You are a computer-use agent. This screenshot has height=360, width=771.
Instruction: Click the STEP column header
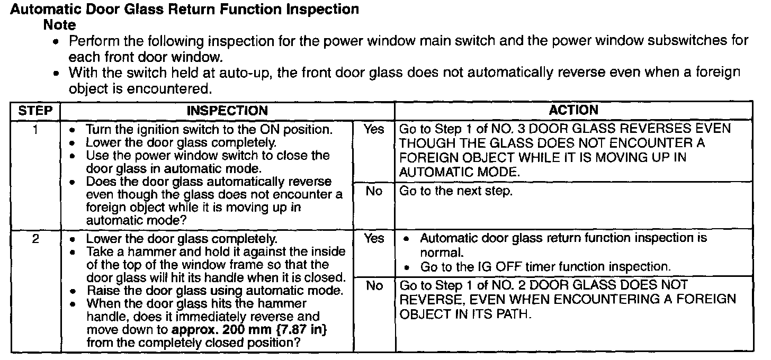pos(35,111)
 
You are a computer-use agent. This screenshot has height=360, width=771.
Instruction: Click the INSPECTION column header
pos(227,111)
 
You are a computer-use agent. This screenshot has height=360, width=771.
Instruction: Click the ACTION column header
pos(573,110)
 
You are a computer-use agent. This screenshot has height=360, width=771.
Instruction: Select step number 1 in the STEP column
pos(35,129)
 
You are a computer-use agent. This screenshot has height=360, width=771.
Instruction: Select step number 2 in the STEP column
pos(35,239)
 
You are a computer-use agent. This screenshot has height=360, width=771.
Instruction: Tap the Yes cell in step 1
pos(374,129)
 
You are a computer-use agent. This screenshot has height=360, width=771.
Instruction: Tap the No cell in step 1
pos(374,191)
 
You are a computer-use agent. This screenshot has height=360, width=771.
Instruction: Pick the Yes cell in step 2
pos(374,239)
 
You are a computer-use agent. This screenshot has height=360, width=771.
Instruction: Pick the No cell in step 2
pos(374,286)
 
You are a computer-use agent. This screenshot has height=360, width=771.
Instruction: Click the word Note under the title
pos(59,25)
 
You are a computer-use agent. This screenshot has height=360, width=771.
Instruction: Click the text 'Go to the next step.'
pos(456,191)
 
